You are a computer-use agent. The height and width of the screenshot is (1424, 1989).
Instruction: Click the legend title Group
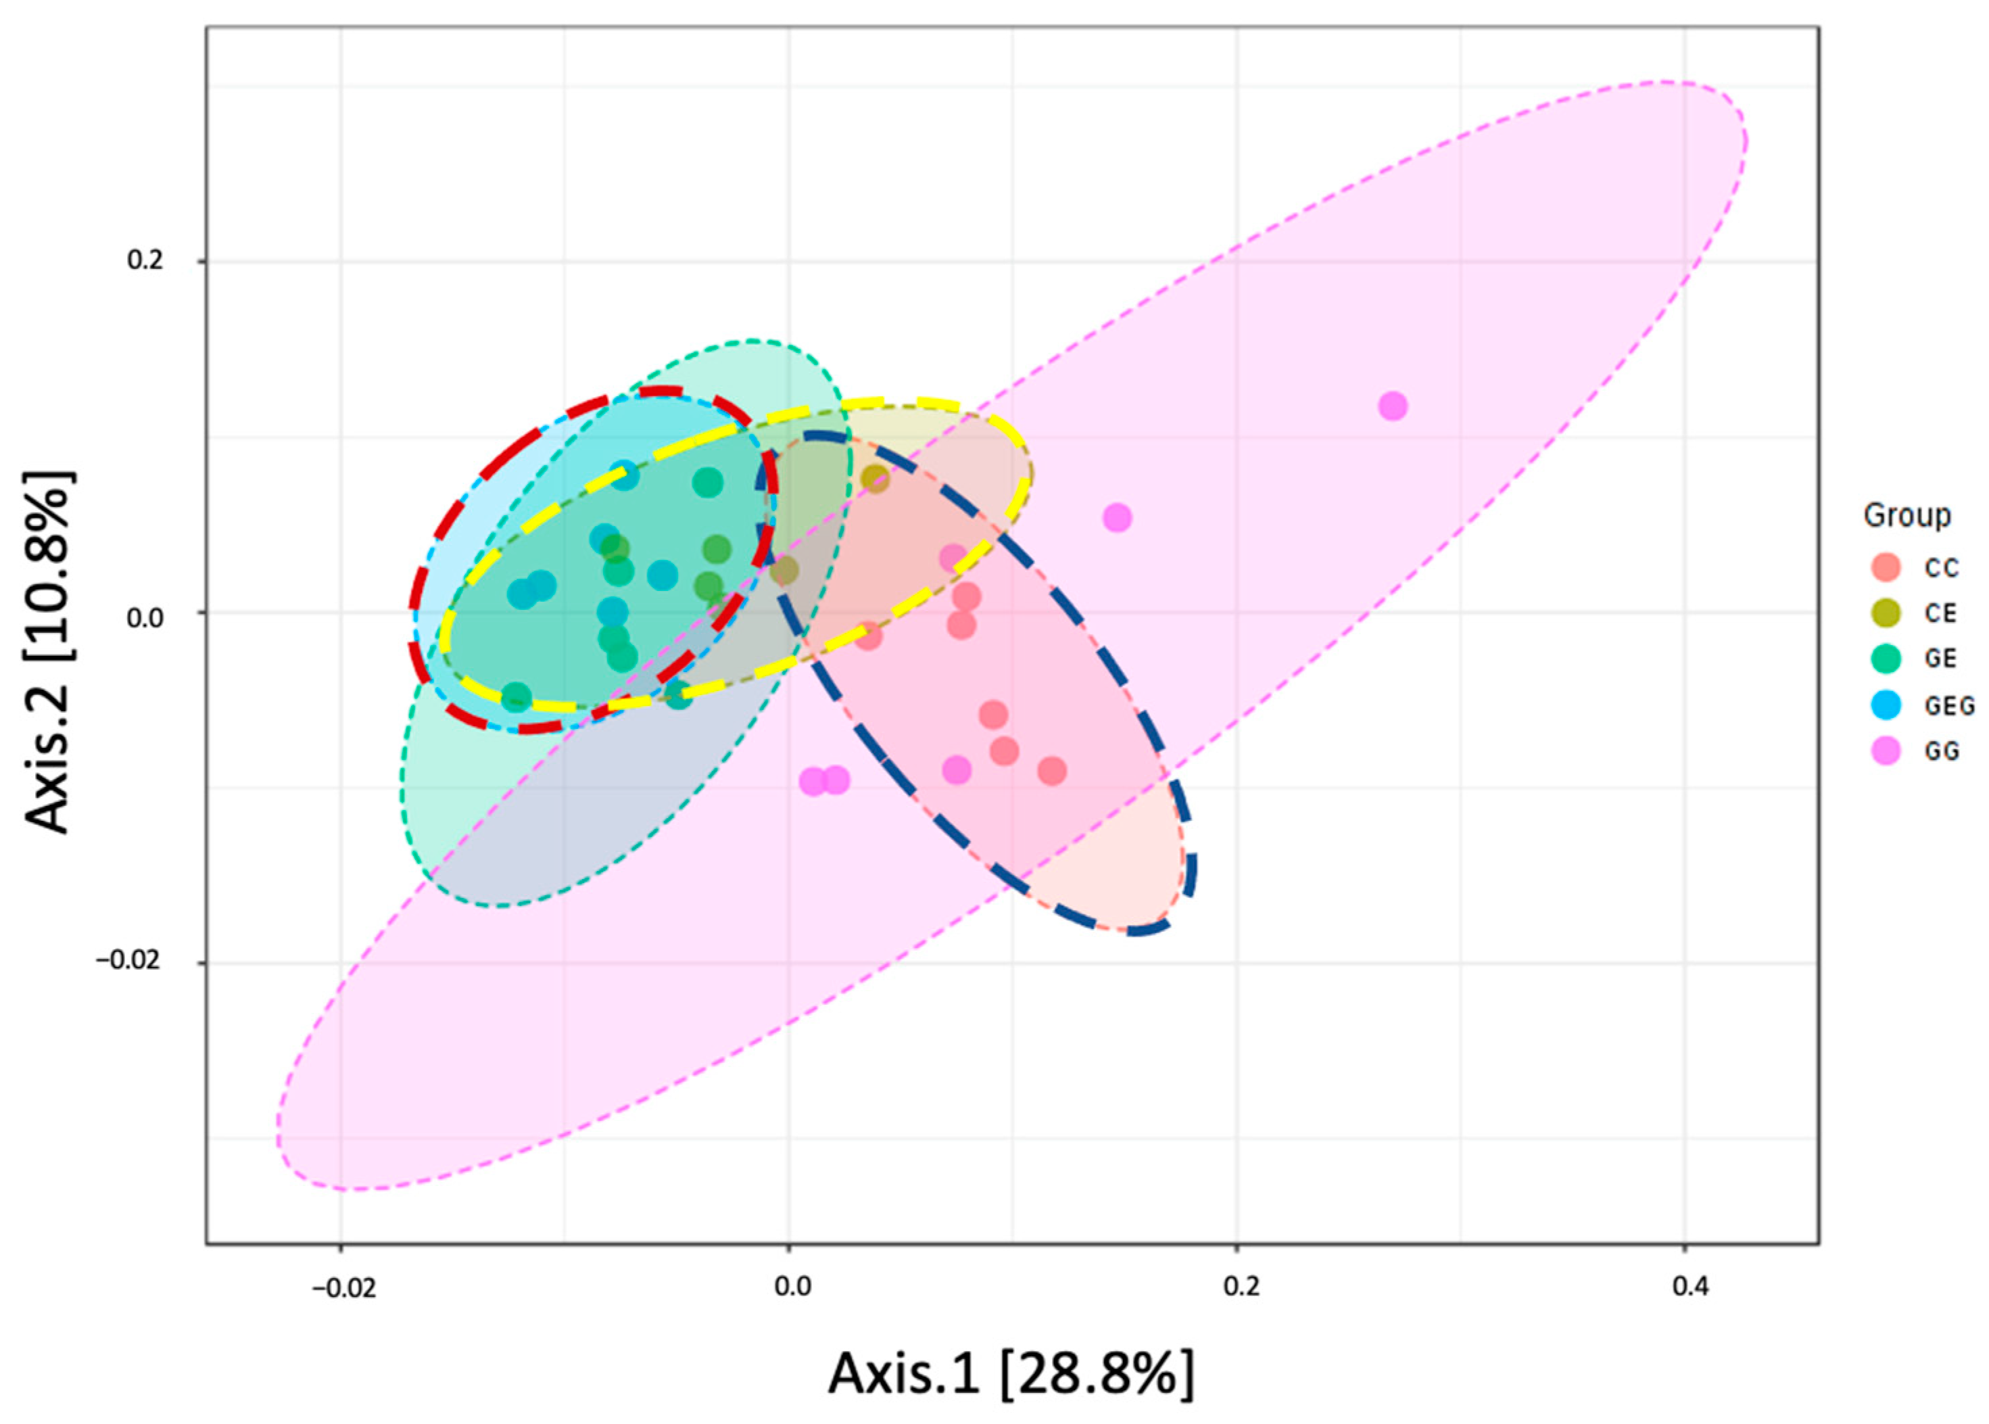1907,515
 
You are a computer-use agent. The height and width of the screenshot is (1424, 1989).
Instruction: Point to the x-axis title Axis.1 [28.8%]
1011,1373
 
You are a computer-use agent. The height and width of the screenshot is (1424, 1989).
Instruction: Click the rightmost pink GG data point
1393,406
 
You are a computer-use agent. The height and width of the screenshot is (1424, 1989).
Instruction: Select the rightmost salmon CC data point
1052,771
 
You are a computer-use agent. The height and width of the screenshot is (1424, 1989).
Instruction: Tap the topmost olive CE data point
875,479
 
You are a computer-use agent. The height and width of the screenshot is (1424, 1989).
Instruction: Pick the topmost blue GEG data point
623,475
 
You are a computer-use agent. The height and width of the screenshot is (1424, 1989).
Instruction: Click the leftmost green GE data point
517,698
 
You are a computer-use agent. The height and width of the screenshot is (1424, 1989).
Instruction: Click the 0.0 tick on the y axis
145,617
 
